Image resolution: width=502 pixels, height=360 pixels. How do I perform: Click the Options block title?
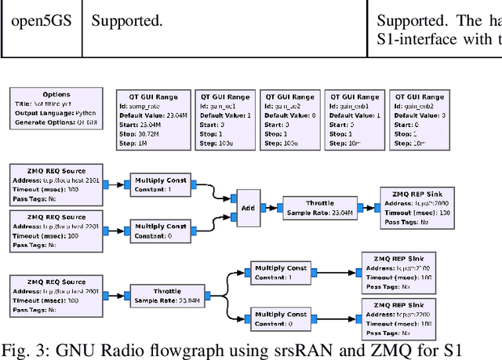point(56,94)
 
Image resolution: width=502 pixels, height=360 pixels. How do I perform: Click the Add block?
point(247,208)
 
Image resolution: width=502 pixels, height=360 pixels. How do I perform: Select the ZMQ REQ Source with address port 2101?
point(56,185)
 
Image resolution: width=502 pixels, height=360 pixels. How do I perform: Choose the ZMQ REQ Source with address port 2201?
point(56,231)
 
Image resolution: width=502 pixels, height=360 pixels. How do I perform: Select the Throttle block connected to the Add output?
point(319,208)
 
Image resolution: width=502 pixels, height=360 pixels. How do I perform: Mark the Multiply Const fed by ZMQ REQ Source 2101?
point(160,185)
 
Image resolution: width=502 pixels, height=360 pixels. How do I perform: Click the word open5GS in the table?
point(40,21)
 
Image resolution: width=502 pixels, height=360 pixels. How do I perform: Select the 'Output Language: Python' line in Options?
point(53,112)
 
